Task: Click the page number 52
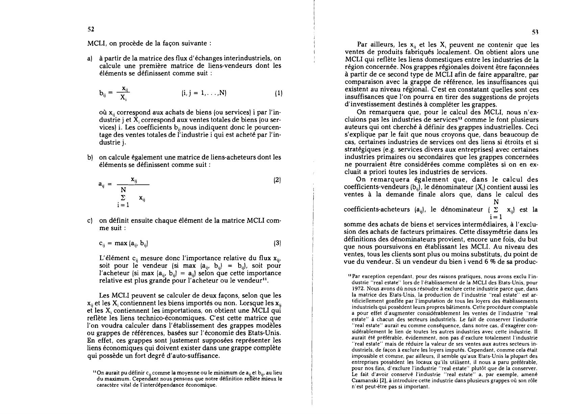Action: coord(91,29)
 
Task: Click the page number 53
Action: coord(535,32)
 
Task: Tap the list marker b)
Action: coord(90,157)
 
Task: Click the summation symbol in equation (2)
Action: coord(123,197)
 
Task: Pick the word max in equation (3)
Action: coord(121,243)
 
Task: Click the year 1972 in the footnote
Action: coord(358,289)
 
